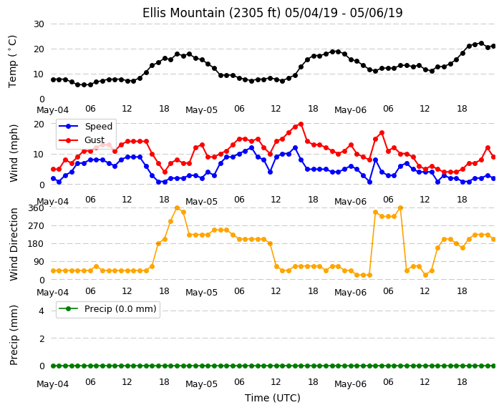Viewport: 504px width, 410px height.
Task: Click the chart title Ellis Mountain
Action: [x=272, y=13]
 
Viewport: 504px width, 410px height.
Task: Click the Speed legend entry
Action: [x=85, y=126]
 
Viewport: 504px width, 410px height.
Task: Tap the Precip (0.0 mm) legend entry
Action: [x=107, y=309]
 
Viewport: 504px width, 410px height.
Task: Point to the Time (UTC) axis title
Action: [x=273, y=398]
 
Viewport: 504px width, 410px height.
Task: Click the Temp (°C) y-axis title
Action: [x=12, y=62]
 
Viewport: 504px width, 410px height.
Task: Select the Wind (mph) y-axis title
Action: [x=14, y=153]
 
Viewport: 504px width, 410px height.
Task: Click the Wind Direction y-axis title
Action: [x=14, y=244]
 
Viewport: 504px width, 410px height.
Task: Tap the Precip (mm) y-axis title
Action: [x=14, y=335]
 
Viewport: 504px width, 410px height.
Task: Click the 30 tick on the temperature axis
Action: [x=39, y=24]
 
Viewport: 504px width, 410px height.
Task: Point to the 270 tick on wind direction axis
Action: [x=36, y=226]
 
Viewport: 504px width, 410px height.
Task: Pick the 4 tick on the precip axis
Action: [x=42, y=311]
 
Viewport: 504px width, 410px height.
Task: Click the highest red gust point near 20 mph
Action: [x=301, y=124]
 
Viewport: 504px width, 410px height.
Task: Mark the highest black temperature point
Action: [x=481, y=44]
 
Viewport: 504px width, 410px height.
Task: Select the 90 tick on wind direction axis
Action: [x=39, y=262]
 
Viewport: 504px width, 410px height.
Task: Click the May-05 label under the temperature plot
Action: [x=202, y=110]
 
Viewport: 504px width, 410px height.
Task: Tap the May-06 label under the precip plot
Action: [x=350, y=384]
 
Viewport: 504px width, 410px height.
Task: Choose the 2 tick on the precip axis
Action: [x=42, y=338]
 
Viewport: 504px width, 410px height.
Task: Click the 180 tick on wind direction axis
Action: [x=36, y=244]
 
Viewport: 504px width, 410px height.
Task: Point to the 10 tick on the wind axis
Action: [x=39, y=155]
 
